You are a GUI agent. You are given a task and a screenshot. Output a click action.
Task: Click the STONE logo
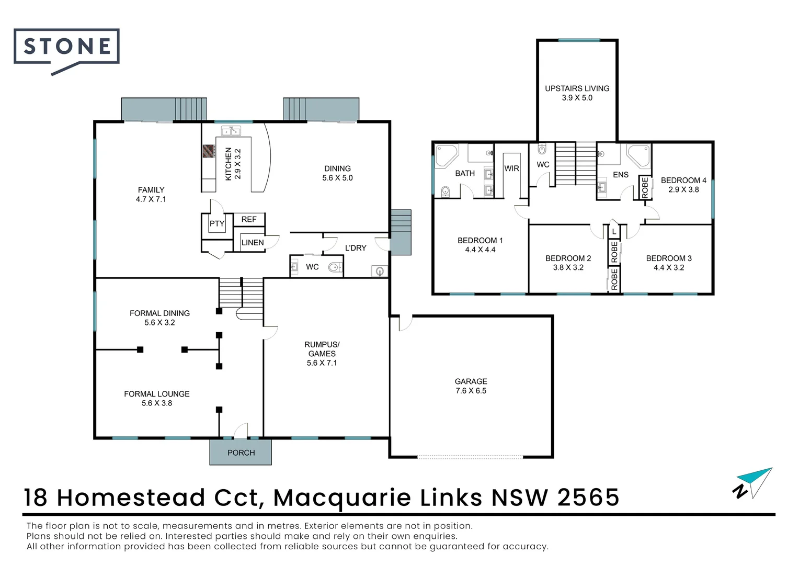pos(67,47)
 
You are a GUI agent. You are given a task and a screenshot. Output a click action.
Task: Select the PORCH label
pos(241,453)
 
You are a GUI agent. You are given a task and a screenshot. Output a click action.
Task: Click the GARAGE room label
pos(471,381)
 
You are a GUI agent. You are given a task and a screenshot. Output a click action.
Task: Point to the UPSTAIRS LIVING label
pos(577,88)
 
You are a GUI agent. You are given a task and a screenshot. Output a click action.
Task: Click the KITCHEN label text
pos(229,164)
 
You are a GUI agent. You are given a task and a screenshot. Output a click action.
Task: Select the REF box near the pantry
pos(249,220)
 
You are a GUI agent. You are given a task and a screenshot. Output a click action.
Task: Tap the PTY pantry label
pos(217,224)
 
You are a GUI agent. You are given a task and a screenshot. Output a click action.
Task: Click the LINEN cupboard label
pos(253,243)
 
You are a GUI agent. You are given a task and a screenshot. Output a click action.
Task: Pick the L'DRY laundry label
pos(356,248)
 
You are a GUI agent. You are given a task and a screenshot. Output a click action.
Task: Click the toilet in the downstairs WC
pos(334,268)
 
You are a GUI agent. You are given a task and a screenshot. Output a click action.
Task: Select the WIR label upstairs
pos(511,168)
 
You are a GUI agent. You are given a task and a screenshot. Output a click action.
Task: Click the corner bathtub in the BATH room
pos(446,155)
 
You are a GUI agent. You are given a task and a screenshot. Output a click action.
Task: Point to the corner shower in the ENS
pos(638,155)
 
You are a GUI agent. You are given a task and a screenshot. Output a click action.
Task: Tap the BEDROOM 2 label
pos(568,258)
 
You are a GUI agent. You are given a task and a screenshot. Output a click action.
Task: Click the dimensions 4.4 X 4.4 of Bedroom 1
pos(480,250)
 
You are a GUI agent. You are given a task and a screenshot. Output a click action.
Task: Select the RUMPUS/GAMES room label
pos(322,349)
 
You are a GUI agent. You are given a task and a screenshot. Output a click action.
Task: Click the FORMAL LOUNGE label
pos(156,394)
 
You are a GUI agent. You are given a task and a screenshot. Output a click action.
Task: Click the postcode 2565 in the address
pos(588,498)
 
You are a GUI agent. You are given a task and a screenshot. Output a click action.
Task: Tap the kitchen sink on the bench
pos(230,131)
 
